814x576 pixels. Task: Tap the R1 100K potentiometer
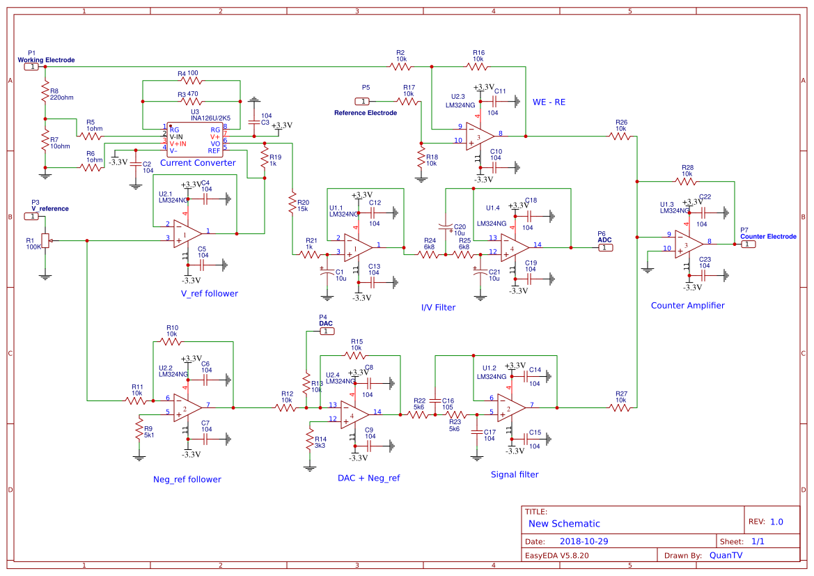[45, 241]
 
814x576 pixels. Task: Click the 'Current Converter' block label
[198, 163]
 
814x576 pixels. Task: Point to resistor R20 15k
[292, 203]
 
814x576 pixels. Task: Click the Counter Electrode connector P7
[747, 244]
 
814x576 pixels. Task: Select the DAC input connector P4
[327, 332]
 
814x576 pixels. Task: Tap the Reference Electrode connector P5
[361, 101]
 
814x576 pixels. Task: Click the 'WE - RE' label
[549, 102]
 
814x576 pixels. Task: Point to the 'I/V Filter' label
[438, 307]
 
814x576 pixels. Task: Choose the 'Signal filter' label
[515, 474]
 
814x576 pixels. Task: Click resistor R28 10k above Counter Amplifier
[686, 182]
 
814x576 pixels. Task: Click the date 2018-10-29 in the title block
[584, 541]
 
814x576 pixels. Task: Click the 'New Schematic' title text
[564, 524]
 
